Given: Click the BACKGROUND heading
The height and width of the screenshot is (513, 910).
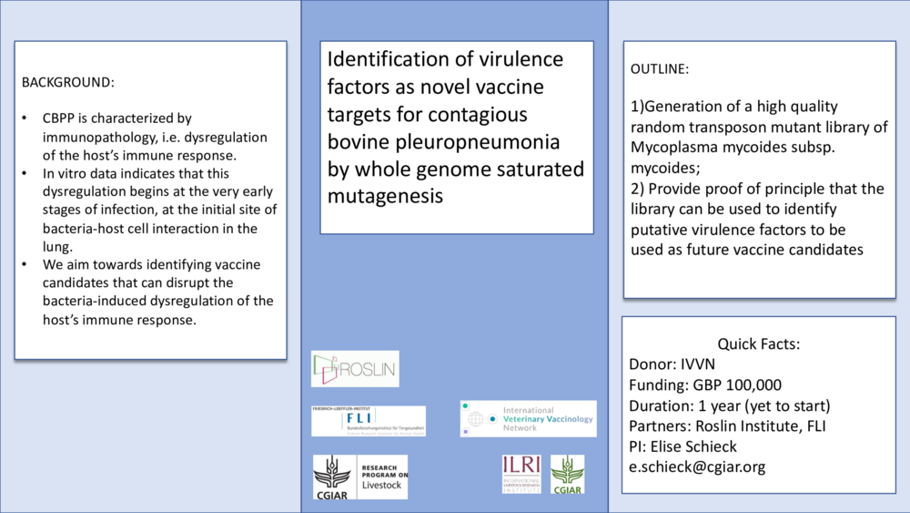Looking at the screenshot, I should (67, 82).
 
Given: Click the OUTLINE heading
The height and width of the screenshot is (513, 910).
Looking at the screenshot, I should (660, 69).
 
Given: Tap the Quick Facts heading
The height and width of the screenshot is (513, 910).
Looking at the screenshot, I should (759, 344).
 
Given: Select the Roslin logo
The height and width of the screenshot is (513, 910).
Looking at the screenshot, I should (355, 368).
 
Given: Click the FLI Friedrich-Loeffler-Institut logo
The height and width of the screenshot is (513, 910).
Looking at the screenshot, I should (368, 420).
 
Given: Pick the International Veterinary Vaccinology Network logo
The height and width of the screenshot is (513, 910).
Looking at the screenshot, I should (528, 418).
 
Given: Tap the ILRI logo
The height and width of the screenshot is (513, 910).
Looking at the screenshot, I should (521, 474).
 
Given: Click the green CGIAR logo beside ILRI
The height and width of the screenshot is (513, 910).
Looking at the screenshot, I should (568, 474).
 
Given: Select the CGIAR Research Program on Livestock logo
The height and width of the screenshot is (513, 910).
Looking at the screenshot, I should (360, 477).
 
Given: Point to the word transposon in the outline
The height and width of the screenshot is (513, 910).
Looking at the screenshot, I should (732, 127).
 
